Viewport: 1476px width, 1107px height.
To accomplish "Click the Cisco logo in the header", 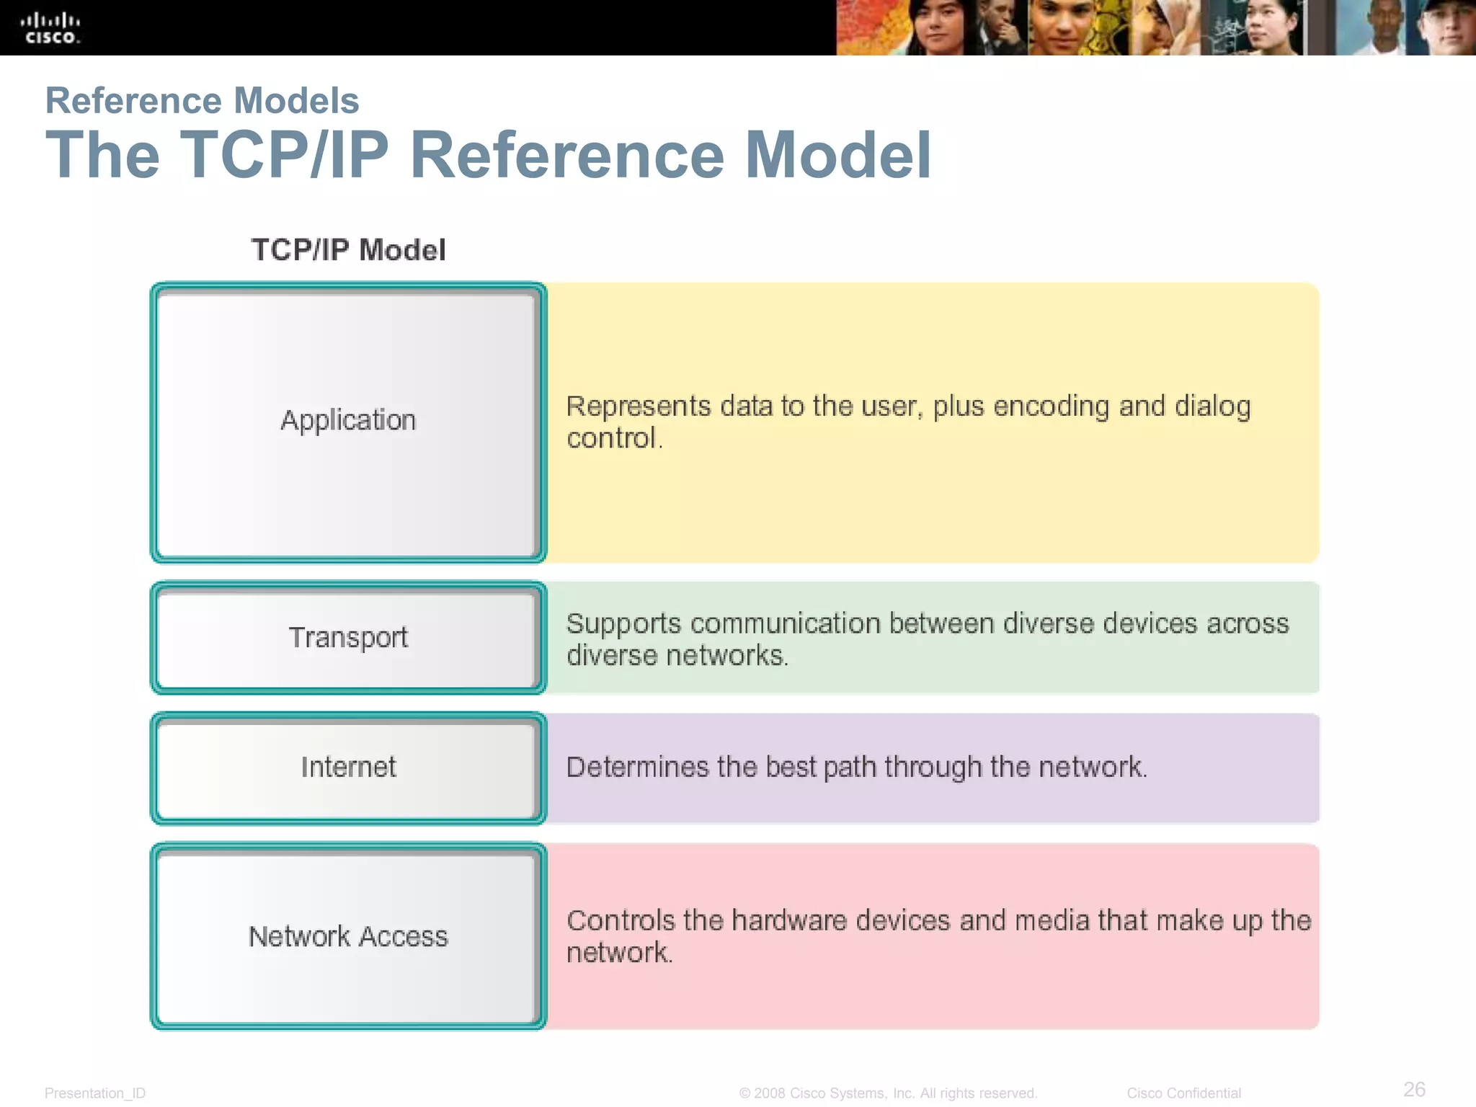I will click(x=50, y=28).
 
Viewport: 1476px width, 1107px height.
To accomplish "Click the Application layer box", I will click(x=348, y=422).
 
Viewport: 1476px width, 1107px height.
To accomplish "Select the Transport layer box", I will click(x=348, y=638).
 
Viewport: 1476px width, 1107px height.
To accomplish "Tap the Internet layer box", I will click(x=348, y=768).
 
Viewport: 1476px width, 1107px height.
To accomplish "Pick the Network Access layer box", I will click(x=348, y=936).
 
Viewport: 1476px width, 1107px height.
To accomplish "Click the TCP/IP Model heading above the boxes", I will click(x=348, y=250).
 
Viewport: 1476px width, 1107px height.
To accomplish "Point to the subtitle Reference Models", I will click(x=202, y=100).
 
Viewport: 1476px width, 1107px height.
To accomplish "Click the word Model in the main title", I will click(x=838, y=155).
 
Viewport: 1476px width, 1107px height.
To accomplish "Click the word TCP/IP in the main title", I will click(x=284, y=155).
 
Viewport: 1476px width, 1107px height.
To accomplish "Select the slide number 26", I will click(x=1414, y=1089).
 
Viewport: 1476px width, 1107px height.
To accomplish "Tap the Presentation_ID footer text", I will click(x=95, y=1093).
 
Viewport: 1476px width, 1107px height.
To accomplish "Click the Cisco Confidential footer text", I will click(x=1183, y=1093).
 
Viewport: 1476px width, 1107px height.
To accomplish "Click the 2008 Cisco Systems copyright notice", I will click(x=888, y=1093).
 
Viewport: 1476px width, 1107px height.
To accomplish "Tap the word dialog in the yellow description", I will click(x=1213, y=407).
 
